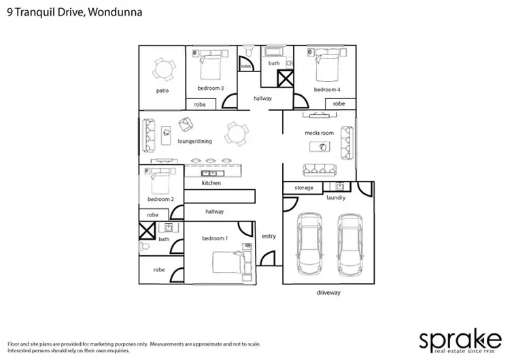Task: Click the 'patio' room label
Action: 162,91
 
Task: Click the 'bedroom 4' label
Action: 327,90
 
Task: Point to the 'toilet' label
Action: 245,67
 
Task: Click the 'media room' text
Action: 318,133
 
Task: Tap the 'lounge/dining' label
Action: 195,142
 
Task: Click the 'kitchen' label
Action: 211,184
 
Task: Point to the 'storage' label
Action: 304,188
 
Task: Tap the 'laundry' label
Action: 336,198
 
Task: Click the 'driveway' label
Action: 328,293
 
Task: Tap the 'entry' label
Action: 269,236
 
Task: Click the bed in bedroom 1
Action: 227,263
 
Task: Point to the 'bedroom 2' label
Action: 161,199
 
